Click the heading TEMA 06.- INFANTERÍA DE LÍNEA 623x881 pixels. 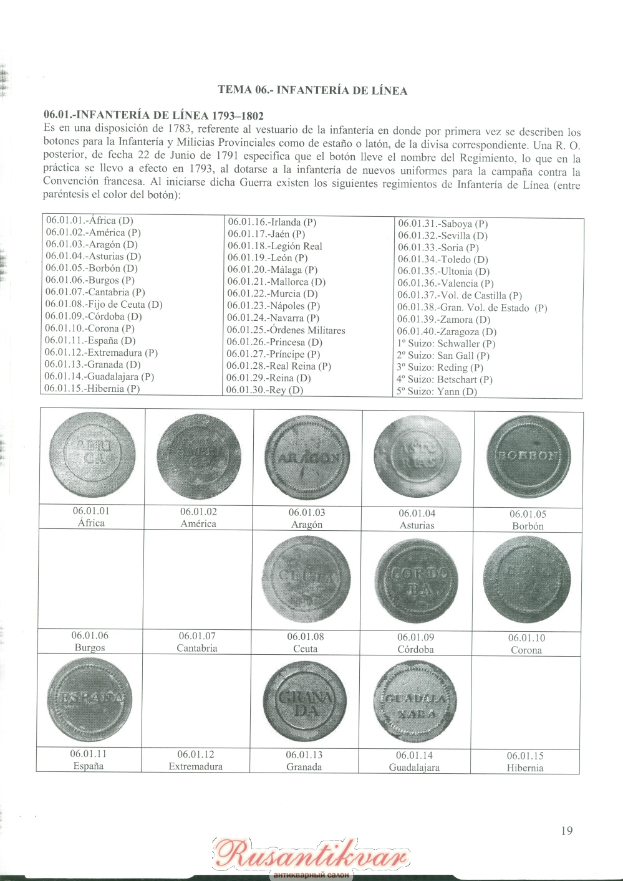[x=312, y=90]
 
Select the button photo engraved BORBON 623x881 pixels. [x=528, y=456]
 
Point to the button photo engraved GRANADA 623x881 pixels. [x=305, y=702]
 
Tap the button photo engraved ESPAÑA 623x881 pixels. [x=90, y=698]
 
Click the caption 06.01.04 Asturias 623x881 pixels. [x=417, y=519]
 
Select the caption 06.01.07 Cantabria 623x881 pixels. [x=197, y=642]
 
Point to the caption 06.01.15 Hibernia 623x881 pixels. [x=525, y=761]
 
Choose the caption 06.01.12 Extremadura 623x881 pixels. [x=196, y=760]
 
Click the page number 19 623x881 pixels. [x=566, y=831]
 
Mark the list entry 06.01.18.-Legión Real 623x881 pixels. [x=275, y=246]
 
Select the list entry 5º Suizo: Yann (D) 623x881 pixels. [x=437, y=391]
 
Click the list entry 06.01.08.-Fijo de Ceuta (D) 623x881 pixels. [x=104, y=304]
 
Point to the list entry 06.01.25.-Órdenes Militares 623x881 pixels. [x=286, y=330]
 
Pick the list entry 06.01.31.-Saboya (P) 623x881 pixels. [x=443, y=224]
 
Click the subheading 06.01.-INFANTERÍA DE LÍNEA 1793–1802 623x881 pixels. [x=153, y=115]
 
